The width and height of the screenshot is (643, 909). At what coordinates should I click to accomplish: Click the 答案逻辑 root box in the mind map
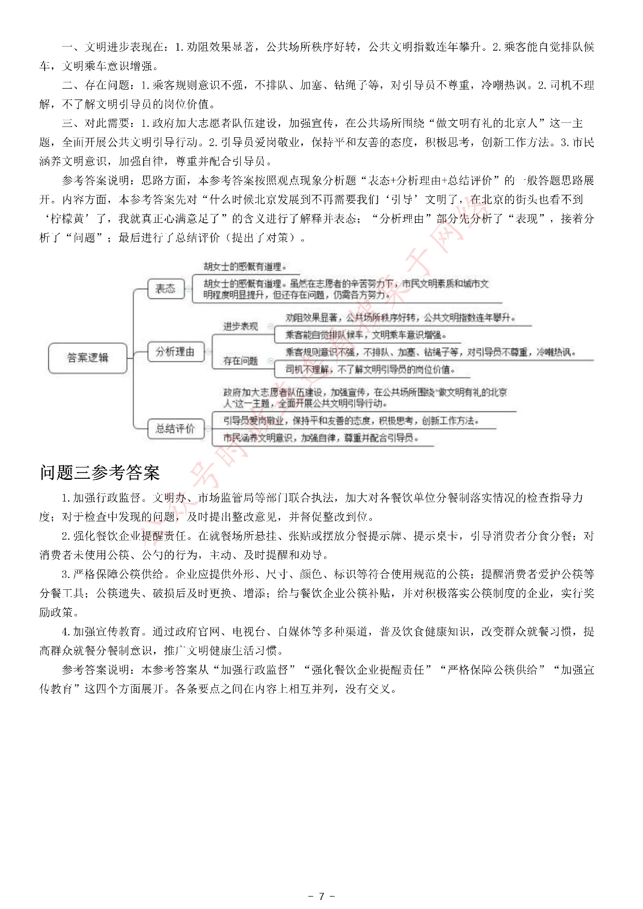pyautogui.click(x=88, y=358)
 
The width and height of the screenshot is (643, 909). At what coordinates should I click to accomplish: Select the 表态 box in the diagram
pyautogui.click(x=166, y=289)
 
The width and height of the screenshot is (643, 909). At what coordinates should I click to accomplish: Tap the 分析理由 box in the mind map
pyautogui.click(x=175, y=352)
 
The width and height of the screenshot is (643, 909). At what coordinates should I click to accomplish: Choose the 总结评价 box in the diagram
pyautogui.click(x=175, y=428)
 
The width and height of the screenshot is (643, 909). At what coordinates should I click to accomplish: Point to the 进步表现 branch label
pyautogui.click(x=241, y=326)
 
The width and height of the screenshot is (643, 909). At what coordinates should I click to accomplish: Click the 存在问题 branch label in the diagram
pyautogui.click(x=241, y=361)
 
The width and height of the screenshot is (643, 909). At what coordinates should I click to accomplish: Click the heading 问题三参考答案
pyautogui.click(x=100, y=473)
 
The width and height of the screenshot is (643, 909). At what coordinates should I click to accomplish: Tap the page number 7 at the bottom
pyautogui.click(x=321, y=896)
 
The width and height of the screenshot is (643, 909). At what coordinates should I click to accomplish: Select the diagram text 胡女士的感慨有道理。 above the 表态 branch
pyautogui.click(x=245, y=266)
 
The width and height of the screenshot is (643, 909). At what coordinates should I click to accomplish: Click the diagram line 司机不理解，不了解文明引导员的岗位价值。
pyautogui.click(x=370, y=370)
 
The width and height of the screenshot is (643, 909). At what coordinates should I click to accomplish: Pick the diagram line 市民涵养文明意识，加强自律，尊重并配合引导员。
pyautogui.click(x=321, y=438)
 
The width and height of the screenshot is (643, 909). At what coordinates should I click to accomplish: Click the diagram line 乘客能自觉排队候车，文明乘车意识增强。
pyautogui.click(x=366, y=335)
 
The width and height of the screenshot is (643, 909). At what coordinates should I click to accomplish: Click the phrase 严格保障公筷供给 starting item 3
pyautogui.click(x=118, y=575)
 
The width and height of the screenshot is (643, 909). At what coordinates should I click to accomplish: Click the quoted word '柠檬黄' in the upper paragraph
pyautogui.click(x=67, y=219)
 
